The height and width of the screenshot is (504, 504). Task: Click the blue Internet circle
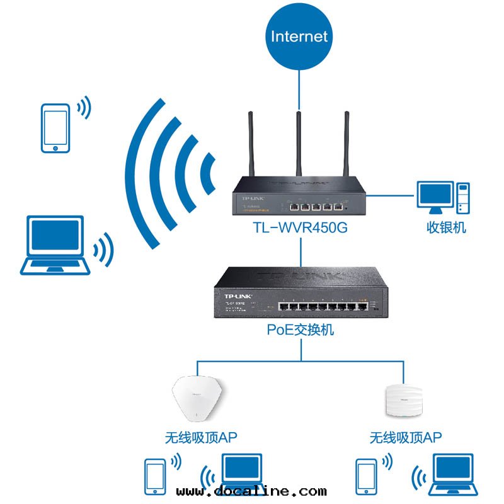(299, 36)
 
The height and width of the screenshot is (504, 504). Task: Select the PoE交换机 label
(300, 329)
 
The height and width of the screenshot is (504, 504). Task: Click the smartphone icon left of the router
(55, 129)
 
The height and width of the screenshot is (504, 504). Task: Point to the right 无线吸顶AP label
(406, 437)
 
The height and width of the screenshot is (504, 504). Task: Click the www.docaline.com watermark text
(252, 491)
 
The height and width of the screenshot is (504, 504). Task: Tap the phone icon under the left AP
(155, 474)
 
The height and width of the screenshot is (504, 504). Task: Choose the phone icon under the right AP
(366, 474)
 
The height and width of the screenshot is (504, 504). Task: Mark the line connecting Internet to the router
(300, 88)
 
